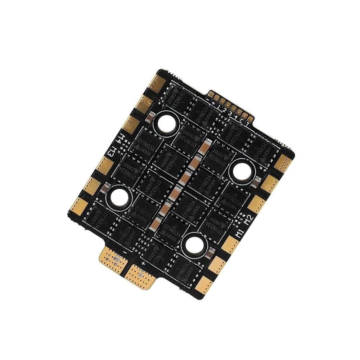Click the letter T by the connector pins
tap(247, 121)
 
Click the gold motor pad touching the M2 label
tap(257, 204)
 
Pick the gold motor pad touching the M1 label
tap(229, 245)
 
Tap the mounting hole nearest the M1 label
tap(194, 245)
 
